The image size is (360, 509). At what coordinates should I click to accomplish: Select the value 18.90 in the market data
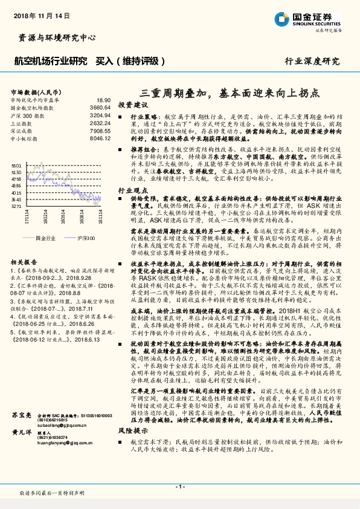click(x=103, y=100)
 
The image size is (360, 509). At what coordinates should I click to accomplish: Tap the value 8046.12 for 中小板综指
click(x=100, y=138)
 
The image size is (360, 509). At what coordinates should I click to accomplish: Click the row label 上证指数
click(x=22, y=123)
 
